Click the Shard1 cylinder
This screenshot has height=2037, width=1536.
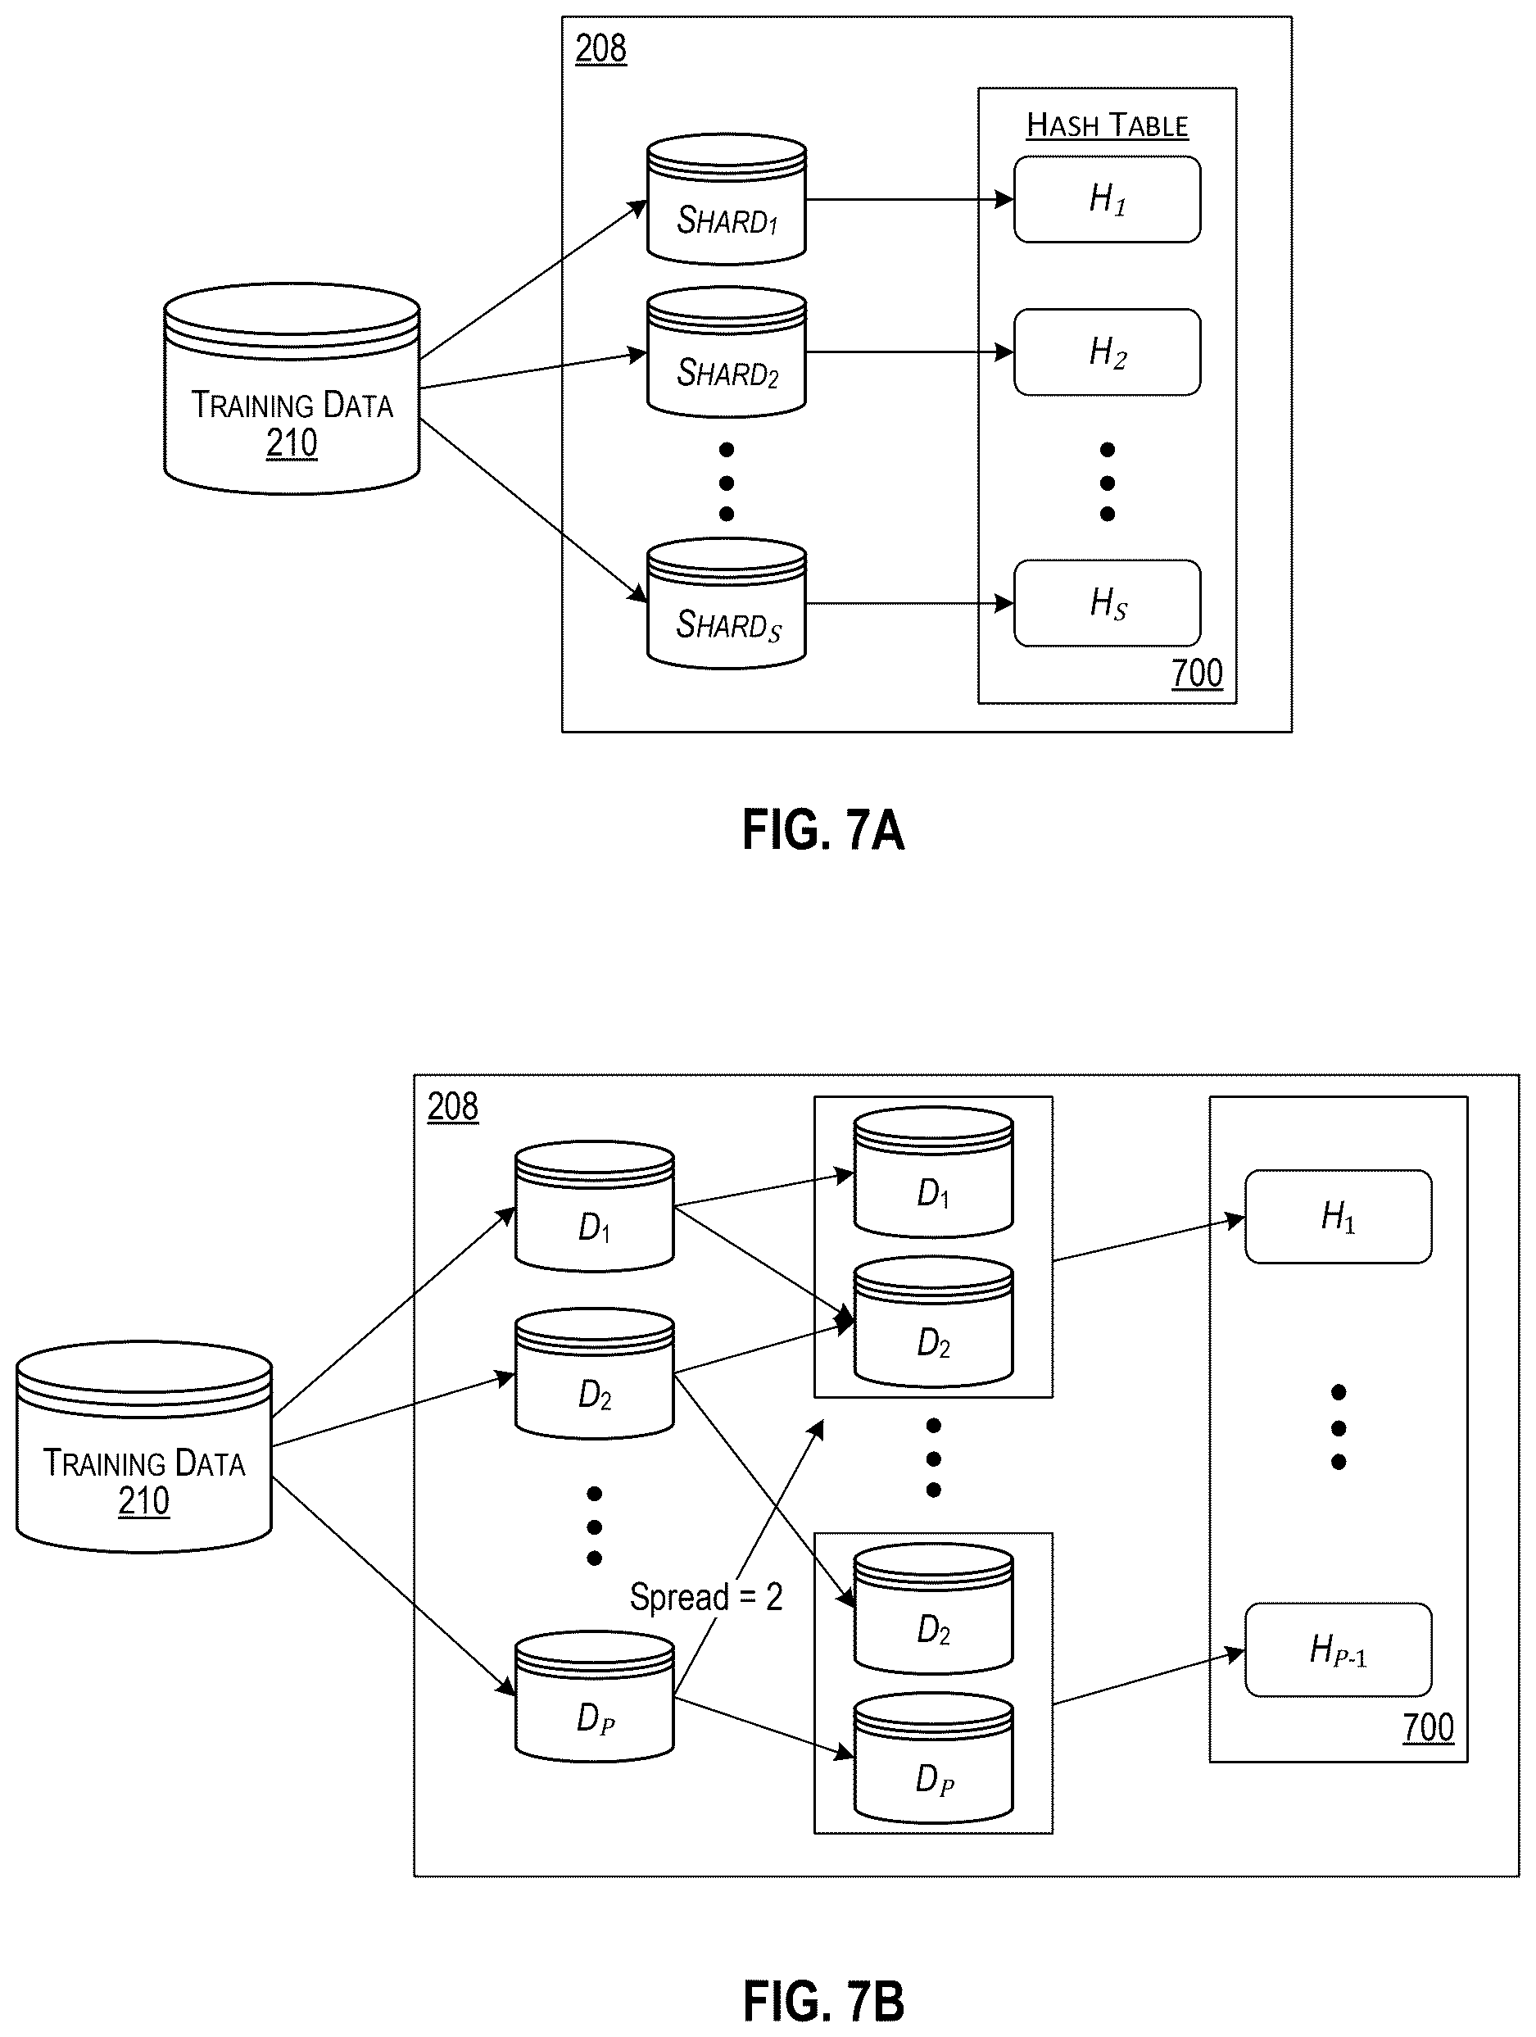point(727,200)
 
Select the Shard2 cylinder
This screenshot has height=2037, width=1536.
point(727,352)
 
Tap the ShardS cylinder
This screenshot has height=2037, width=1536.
point(727,604)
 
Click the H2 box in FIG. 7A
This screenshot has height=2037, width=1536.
point(1107,352)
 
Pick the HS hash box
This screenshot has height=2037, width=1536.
point(1107,603)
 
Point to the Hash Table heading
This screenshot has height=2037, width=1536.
point(1107,125)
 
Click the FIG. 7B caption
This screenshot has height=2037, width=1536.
point(823,2001)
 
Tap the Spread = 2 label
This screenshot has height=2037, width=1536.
point(706,1596)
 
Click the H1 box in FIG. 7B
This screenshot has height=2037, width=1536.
point(1338,1217)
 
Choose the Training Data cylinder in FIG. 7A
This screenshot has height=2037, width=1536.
point(292,388)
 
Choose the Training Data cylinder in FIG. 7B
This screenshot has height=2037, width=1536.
point(143,1447)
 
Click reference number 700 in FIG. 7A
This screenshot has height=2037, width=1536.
point(1196,674)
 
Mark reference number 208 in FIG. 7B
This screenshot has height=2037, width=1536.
point(452,1106)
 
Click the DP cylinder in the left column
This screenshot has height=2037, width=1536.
point(594,1696)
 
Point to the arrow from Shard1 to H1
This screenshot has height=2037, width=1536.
point(910,199)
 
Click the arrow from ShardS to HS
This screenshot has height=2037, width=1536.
point(910,603)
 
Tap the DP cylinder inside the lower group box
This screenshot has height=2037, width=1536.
point(933,1758)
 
